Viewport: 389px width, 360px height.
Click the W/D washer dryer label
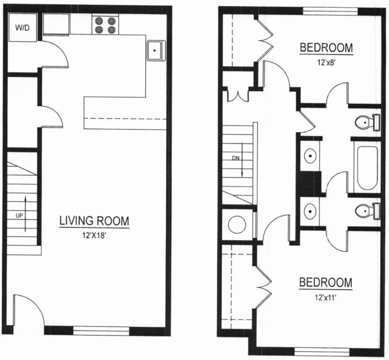tap(22, 28)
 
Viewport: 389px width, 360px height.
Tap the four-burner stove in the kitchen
tap(105, 25)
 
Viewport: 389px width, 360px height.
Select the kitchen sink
tap(155, 50)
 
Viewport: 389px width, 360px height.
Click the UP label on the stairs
tap(19, 215)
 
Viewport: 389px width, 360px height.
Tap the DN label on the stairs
tap(235, 158)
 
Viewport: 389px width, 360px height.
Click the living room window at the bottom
tap(101, 330)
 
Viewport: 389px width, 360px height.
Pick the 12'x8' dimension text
tap(326, 61)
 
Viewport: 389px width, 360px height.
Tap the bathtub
tap(367, 168)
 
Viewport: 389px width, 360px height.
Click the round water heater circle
tap(237, 225)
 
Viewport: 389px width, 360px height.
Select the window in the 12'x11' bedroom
tap(321, 351)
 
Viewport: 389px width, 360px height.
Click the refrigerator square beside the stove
tap(56, 24)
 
